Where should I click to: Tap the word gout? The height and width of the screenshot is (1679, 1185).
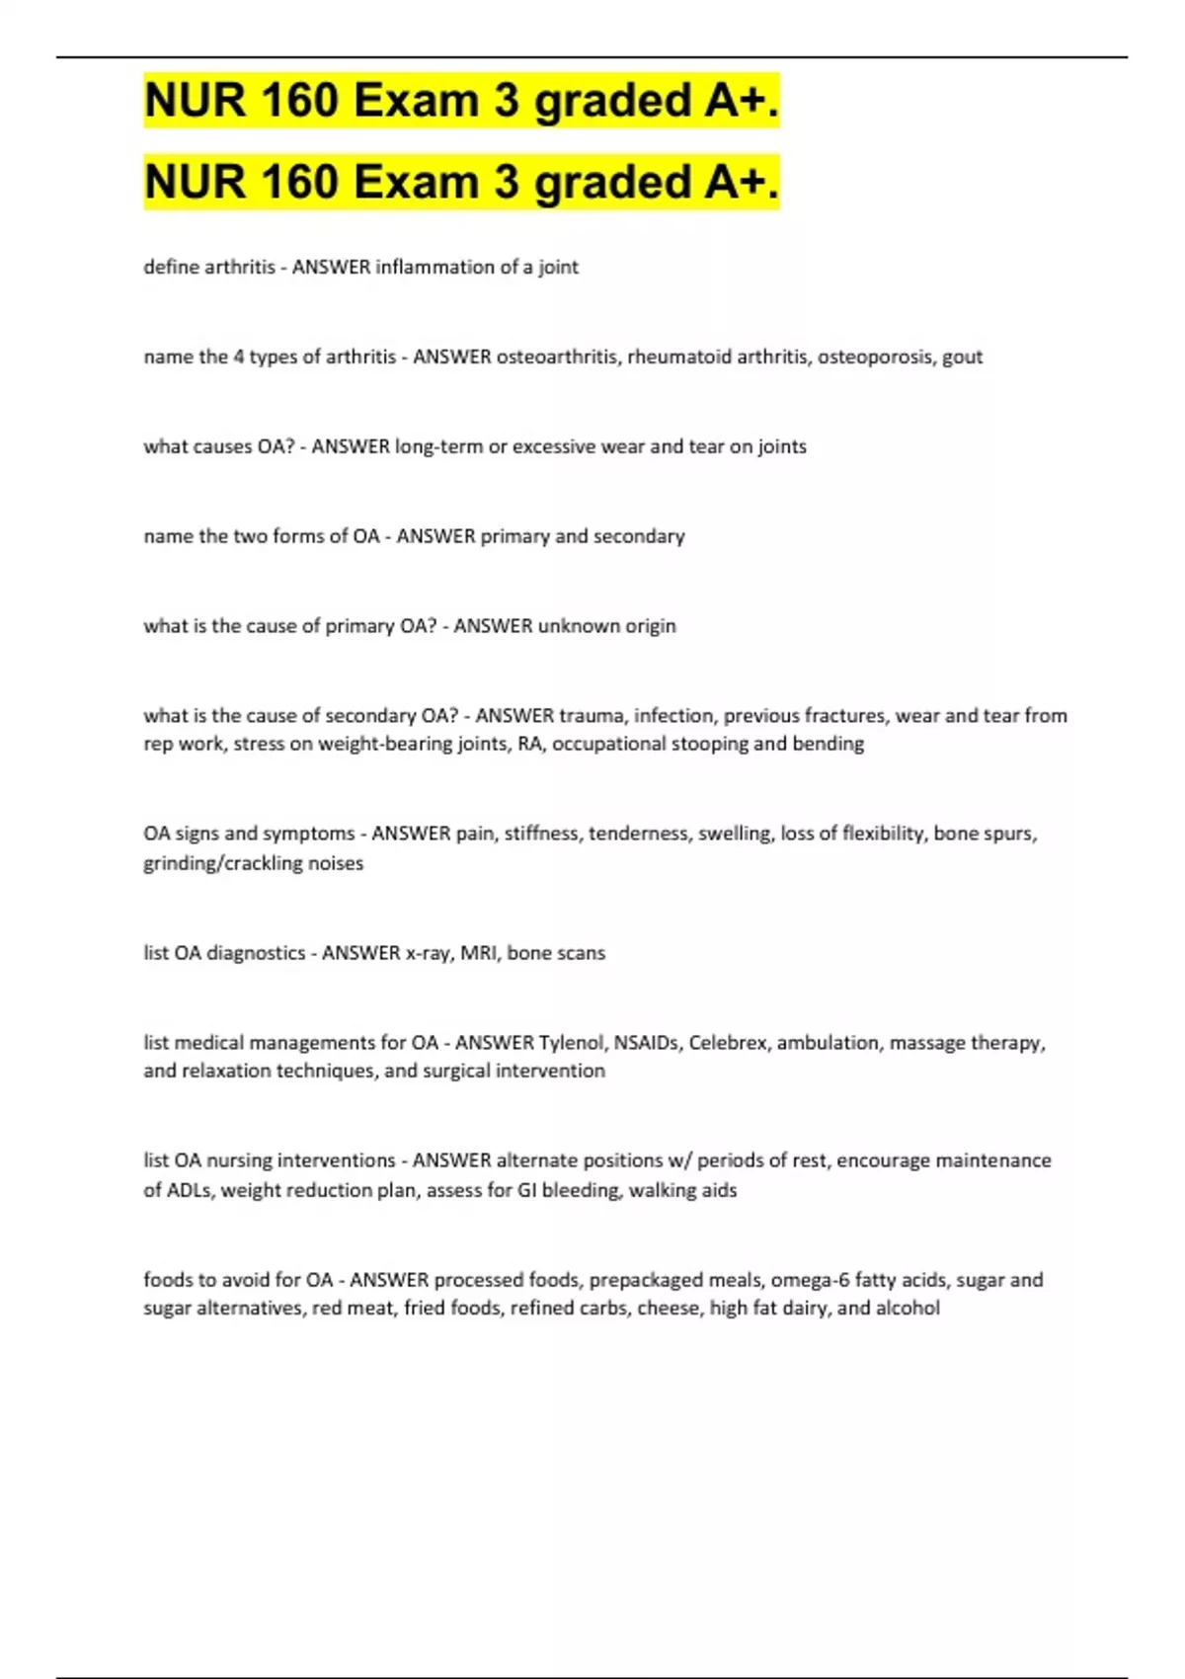(962, 357)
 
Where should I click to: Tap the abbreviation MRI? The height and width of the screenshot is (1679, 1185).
(478, 953)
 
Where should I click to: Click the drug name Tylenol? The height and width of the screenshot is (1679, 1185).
(571, 1043)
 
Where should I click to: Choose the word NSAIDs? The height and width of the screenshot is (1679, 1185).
(646, 1043)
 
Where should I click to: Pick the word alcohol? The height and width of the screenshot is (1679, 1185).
(908, 1309)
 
